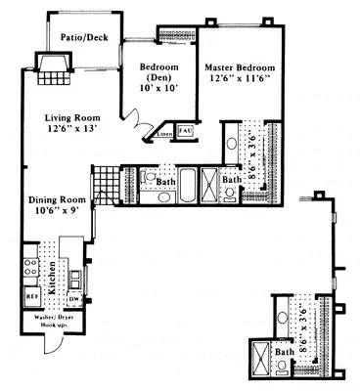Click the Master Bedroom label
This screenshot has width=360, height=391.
pos(240,67)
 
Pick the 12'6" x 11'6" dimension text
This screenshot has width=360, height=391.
pos(241,79)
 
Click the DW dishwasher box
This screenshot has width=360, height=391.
pos(75,297)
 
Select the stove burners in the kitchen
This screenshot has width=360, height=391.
pos(28,265)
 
